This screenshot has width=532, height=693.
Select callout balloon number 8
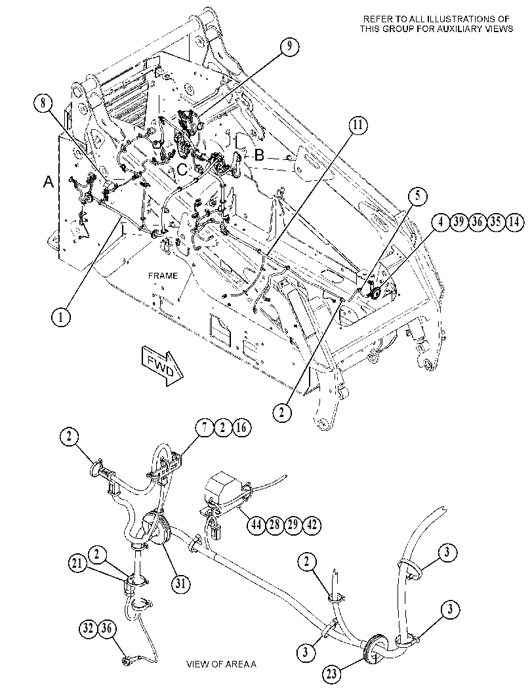(43, 104)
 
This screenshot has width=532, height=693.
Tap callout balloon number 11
(358, 126)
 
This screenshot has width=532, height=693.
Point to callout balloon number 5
(417, 196)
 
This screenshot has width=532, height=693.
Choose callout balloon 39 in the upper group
(459, 222)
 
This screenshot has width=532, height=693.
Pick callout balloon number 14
(514, 222)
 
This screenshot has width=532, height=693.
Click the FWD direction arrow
(162, 365)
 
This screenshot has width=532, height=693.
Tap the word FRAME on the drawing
(163, 276)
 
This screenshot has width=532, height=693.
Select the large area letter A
(49, 182)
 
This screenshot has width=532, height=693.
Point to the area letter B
(259, 155)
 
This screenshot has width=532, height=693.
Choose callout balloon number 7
(205, 427)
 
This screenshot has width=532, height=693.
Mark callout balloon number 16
(241, 427)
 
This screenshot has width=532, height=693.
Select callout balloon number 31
(181, 584)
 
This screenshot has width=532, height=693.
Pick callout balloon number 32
(89, 628)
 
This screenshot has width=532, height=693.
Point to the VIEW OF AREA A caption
(221, 664)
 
